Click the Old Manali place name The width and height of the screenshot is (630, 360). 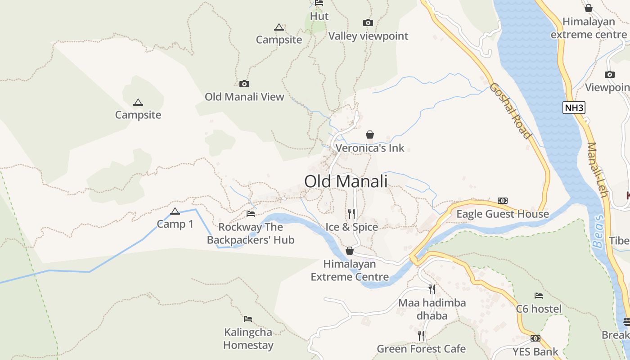[346, 181]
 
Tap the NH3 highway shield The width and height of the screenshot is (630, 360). [574, 108]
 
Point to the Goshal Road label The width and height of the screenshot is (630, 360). [510, 111]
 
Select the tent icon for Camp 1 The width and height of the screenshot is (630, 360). [175, 211]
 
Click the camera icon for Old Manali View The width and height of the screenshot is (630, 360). [244, 84]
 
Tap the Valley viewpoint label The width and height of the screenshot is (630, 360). [368, 36]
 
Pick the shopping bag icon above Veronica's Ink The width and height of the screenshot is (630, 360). [370, 135]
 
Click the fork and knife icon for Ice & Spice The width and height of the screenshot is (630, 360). [351, 213]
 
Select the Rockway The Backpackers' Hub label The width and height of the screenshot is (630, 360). [251, 234]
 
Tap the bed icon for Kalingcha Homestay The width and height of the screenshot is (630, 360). [248, 319]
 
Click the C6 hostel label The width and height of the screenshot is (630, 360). [539, 309]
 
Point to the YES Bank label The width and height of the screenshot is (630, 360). [535, 351]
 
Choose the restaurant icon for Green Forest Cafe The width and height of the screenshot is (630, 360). [421, 336]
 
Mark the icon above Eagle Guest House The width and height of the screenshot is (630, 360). [503, 201]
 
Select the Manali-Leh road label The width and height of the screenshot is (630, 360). [597, 170]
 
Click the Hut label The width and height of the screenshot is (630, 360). [319, 16]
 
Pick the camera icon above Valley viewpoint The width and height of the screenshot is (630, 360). [368, 22]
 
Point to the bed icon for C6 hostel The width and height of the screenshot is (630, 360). [539, 296]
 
